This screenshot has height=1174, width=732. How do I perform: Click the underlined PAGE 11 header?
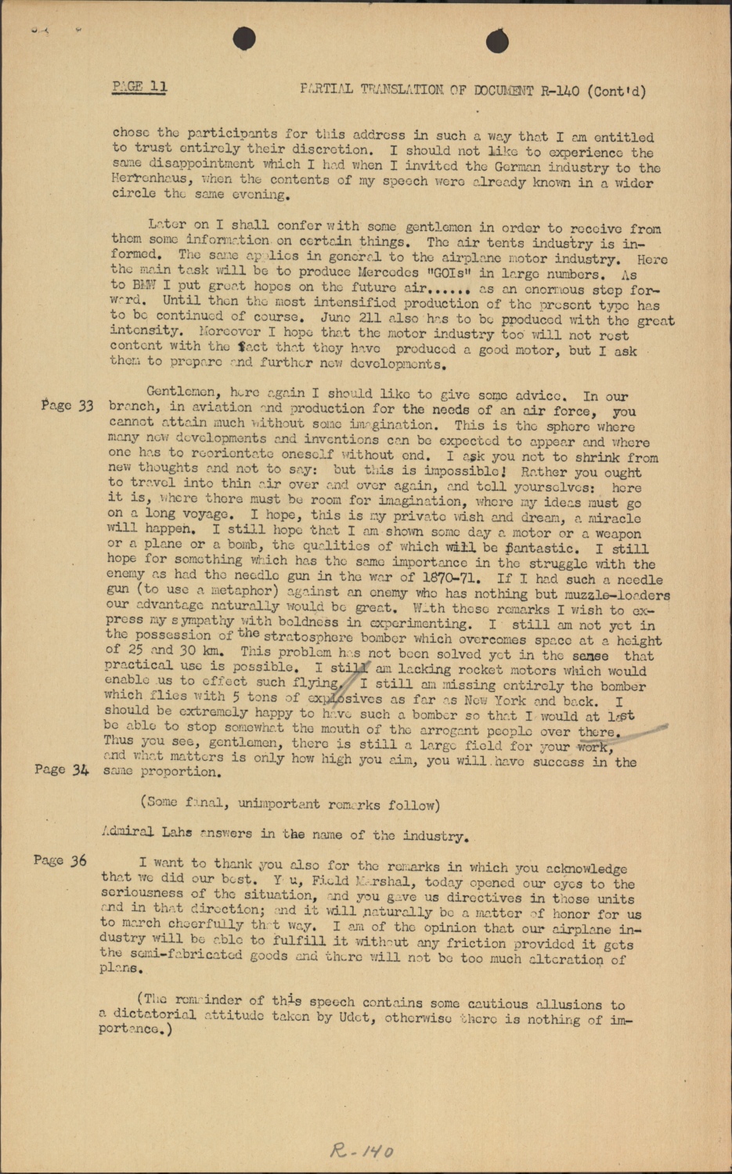(139, 86)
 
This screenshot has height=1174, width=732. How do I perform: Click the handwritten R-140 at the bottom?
(362, 1151)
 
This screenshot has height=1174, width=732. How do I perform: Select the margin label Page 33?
(67, 405)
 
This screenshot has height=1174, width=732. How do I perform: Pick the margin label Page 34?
(62, 769)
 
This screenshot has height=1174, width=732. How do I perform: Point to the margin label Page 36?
(59, 861)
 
